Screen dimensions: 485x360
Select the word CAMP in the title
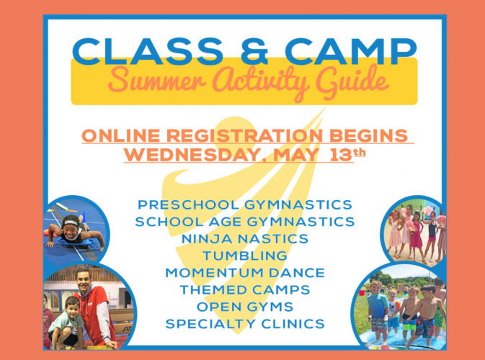point(351,52)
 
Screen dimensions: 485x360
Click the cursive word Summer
point(157,80)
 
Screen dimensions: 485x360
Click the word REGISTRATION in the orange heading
point(245,135)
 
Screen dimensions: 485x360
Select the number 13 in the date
point(341,155)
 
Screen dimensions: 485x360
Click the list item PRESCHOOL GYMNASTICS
point(245,205)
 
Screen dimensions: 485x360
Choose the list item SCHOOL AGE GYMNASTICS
point(245,222)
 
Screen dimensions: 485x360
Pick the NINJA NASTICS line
point(245,239)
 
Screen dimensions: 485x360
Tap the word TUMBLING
point(245,256)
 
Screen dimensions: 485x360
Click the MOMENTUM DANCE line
point(245,273)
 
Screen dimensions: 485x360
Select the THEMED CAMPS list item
point(245,290)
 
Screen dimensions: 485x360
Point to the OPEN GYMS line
point(245,307)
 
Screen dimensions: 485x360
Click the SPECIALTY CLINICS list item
point(245,324)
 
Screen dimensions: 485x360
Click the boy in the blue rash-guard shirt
point(378,309)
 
